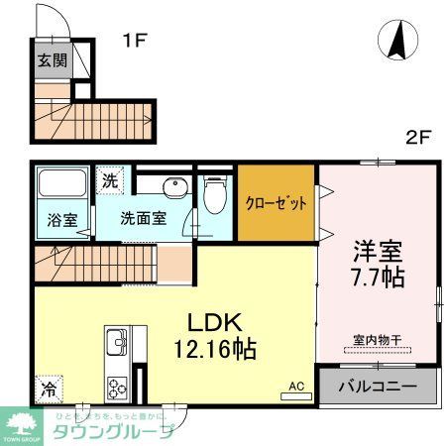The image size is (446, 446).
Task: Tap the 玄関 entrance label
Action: [x=51, y=60]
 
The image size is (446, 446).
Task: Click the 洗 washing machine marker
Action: [x=109, y=182]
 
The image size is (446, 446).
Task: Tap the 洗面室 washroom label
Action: [x=143, y=219]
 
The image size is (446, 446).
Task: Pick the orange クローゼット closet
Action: [x=275, y=202]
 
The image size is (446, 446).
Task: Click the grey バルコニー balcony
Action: [x=377, y=386]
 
